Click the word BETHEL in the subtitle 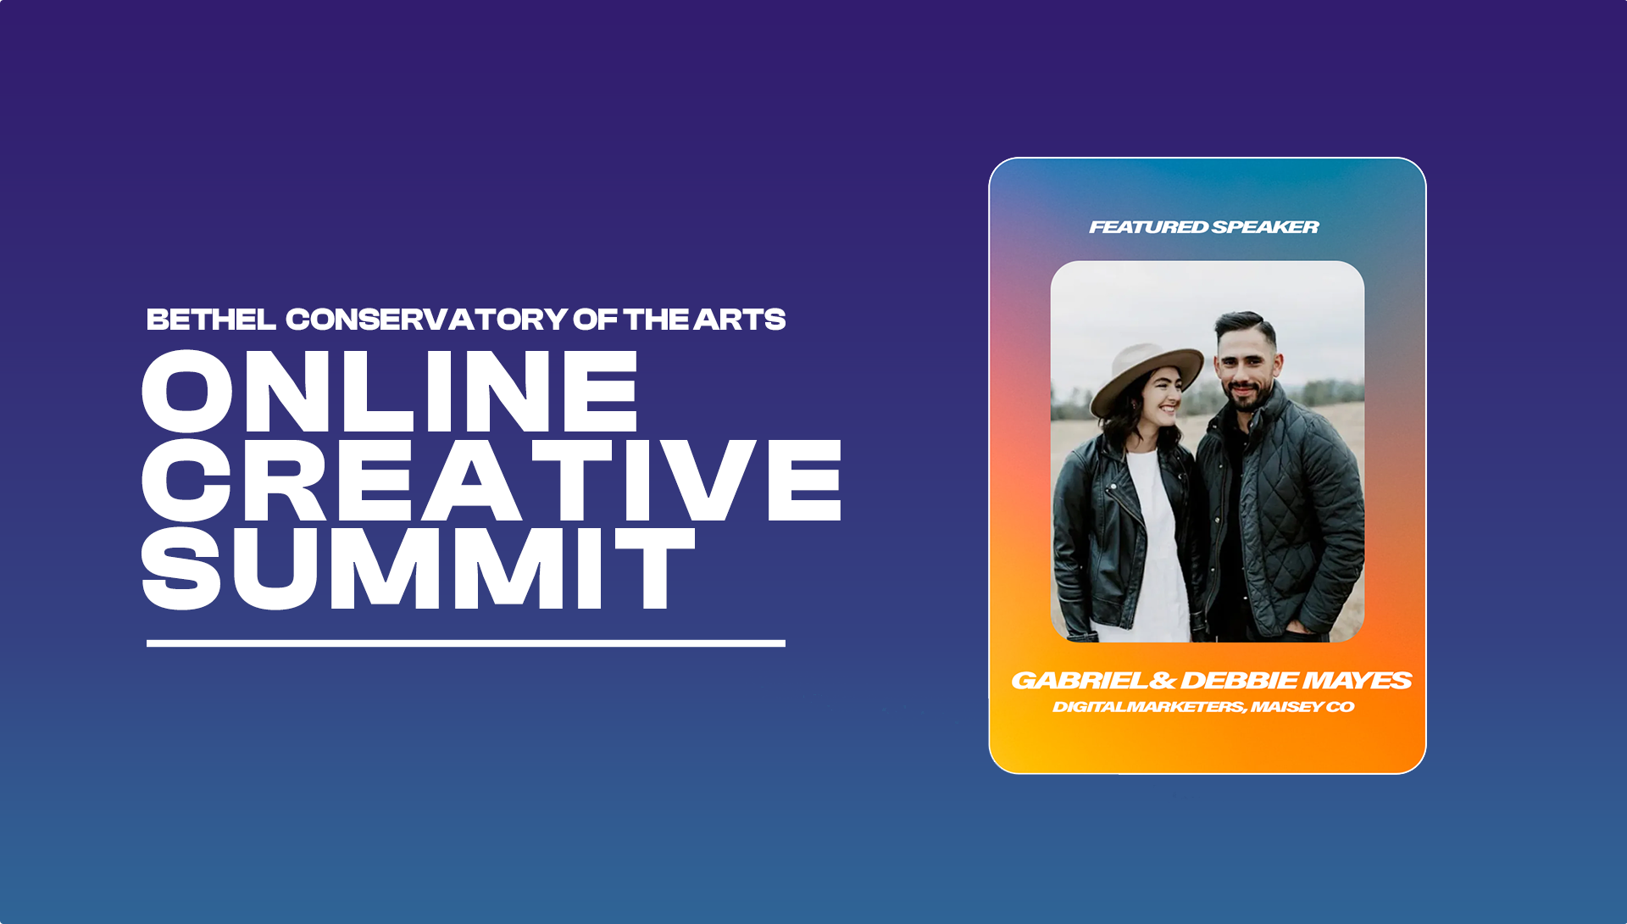point(211,320)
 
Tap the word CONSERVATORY point(426,320)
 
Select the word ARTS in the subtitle point(740,320)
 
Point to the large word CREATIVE point(491,480)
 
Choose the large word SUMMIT point(419,568)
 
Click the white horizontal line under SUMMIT point(466,643)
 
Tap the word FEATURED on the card point(1149,227)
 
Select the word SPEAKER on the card point(1266,227)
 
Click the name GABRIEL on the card point(1080,681)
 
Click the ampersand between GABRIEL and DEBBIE point(1164,681)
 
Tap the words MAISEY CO point(1302,707)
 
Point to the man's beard point(1243,397)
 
